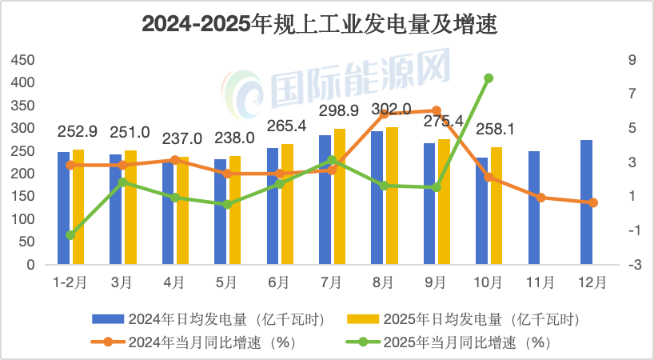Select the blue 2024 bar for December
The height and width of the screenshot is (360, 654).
pos(586,202)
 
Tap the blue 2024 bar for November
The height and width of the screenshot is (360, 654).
pos(534,207)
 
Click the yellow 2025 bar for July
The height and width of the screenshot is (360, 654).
pos(340,196)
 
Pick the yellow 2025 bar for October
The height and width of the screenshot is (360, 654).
pos(496,206)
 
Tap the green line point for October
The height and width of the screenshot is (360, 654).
pos(489,78)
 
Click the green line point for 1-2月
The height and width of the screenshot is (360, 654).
pos(70,234)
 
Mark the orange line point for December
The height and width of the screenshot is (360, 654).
pos(593,202)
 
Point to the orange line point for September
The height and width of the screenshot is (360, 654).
pos(437,110)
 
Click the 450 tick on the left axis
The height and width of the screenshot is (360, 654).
pos(23,60)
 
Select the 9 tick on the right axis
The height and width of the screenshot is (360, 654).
pos(632,60)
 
